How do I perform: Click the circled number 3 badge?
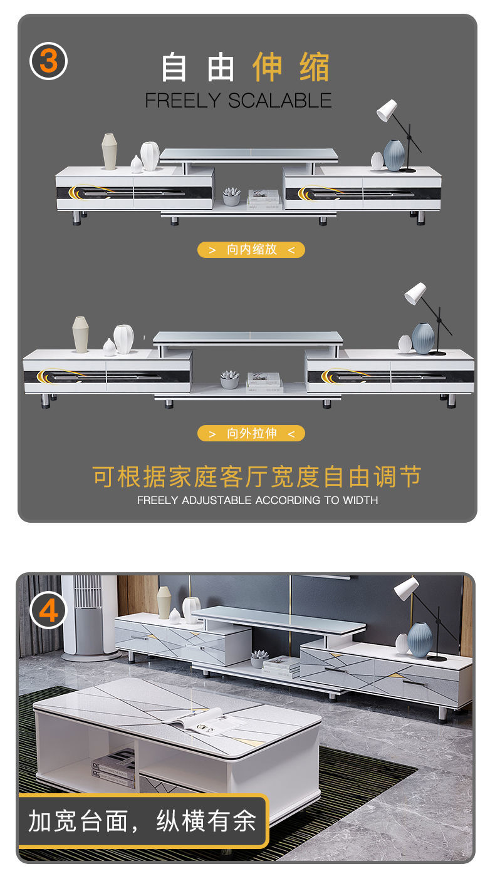(48, 61)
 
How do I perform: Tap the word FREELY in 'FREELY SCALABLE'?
(183, 101)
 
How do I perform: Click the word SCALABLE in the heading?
(280, 101)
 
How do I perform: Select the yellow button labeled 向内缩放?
(251, 250)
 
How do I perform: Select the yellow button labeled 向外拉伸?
(251, 433)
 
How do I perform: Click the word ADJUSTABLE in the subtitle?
(217, 500)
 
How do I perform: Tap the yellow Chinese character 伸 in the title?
(268, 67)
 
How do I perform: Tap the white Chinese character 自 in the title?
(174, 67)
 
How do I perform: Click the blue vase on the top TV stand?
(394, 155)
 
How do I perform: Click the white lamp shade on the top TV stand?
(387, 110)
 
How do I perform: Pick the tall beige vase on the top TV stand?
(109, 152)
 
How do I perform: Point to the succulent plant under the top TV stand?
(231, 196)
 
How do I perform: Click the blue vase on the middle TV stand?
(423, 338)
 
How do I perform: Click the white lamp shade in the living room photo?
(407, 589)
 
